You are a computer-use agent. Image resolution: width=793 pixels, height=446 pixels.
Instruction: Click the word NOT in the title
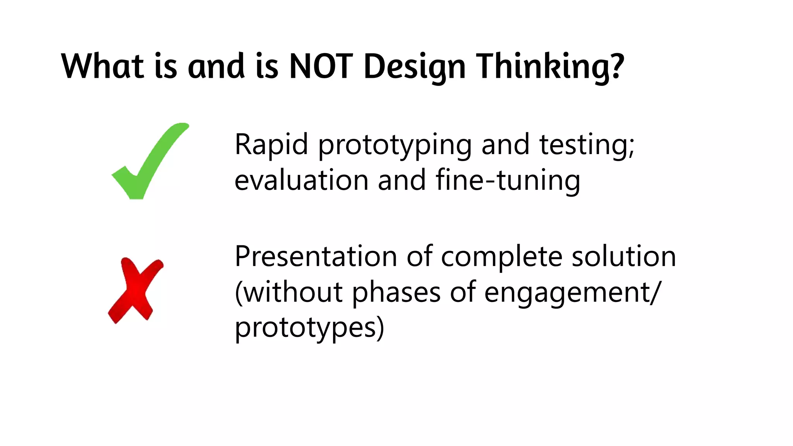click(x=321, y=66)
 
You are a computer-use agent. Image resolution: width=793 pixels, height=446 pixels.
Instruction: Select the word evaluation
click(x=301, y=180)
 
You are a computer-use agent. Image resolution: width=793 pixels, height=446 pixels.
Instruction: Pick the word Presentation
click(x=316, y=257)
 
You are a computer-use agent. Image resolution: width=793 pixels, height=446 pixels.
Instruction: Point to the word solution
click(x=624, y=257)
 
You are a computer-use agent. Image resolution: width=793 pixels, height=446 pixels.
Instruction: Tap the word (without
click(x=289, y=292)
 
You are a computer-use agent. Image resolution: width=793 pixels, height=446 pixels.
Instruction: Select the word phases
click(x=396, y=293)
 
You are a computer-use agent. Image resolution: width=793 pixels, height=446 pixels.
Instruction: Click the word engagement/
click(x=571, y=293)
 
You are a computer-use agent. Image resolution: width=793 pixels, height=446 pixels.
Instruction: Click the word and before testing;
click(x=505, y=144)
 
